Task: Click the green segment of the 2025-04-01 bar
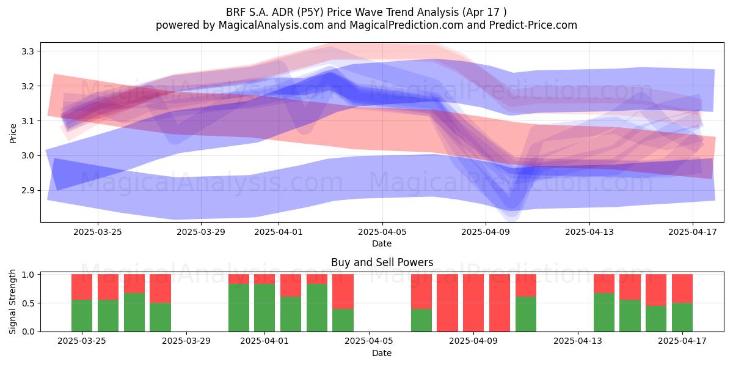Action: point(264,308)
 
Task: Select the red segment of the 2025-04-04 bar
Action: point(343,291)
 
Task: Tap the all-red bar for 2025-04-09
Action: point(473,303)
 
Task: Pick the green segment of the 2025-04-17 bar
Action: point(682,317)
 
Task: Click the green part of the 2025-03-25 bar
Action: point(82,316)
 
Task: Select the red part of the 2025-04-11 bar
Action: point(526,286)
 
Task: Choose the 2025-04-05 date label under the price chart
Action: point(382,232)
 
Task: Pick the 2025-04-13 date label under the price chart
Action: point(589,232)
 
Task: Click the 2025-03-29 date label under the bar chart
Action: point(186,341)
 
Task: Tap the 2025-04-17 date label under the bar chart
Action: point(682,341)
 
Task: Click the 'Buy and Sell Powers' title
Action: point(382,262)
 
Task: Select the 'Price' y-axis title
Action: point(13,134)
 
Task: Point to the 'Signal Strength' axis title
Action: point(12,302)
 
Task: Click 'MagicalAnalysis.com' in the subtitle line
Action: point(271,25)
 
